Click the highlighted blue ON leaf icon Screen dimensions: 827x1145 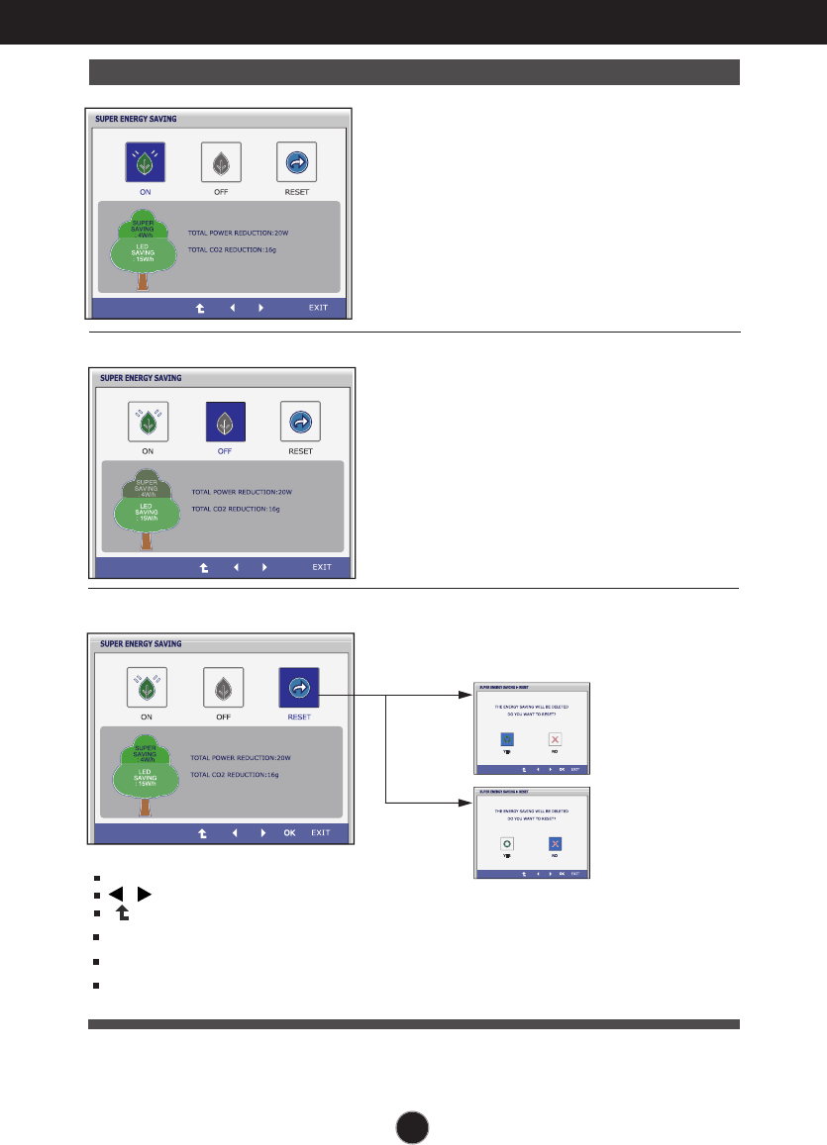point(145,161)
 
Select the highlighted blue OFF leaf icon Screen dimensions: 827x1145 point(225,423)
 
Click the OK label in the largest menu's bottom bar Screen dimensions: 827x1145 point(289,832)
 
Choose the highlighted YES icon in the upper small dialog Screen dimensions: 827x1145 point(508,739)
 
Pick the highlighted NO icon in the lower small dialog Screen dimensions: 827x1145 point(556,843)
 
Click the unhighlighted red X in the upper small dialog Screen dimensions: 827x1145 point(556,739)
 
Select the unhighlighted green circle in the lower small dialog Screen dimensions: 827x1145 point(508,843)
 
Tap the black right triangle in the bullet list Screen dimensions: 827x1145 point(145,895)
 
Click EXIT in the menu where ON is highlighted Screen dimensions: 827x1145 point(318,308)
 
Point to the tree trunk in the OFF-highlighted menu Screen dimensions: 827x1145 point(148,540)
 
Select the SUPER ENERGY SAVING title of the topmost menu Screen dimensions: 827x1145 point(137,118)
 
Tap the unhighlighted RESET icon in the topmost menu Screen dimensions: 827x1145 point(296,161)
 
